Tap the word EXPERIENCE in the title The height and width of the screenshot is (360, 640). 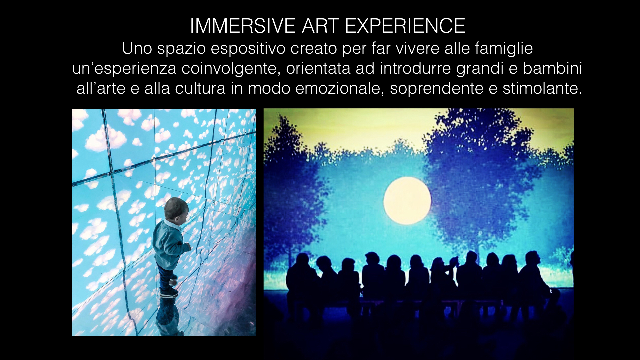coord(405,26)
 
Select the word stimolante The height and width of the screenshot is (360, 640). coord(542,89)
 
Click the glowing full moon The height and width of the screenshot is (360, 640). coord(407,201)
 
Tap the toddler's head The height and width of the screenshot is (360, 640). coord(176,209)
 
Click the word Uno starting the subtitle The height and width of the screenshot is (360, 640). coord(137,49)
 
